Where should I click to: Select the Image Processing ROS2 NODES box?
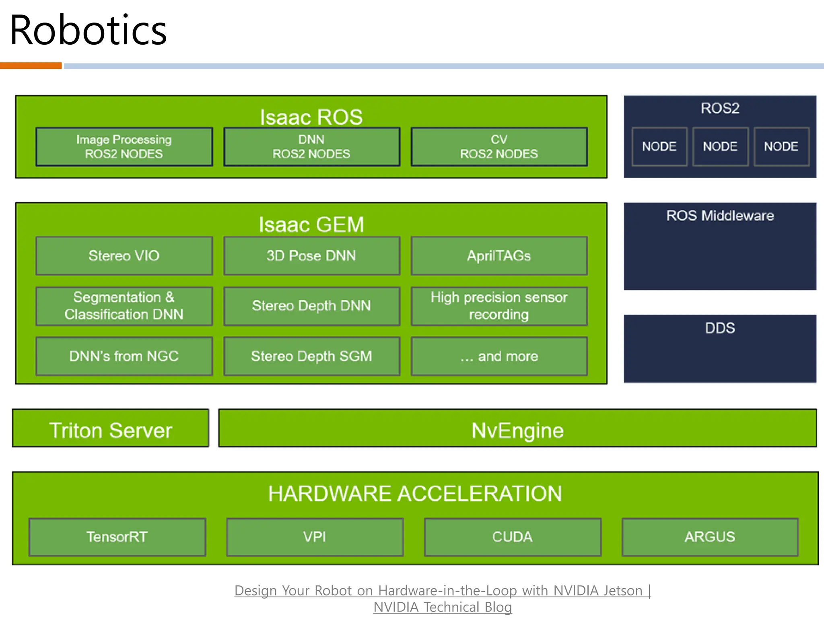coord(124,147)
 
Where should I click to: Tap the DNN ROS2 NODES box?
coord(311,147)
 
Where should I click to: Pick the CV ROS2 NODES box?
coord(499,147)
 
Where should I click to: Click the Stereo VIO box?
coord(124,256)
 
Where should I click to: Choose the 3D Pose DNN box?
coord(311,256)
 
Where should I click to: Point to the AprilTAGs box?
coord(499,256)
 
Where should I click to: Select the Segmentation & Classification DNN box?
coord(124,306)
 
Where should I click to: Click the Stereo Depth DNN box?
coord(311,306)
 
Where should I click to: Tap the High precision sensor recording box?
coord(499,306)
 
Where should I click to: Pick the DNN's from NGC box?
coord(124,356)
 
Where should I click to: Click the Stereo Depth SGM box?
coord(311,356)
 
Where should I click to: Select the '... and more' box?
coord(499,356)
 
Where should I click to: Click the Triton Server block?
coord(111,430)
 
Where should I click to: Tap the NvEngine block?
coord(517,430)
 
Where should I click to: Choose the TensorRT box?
coord(117,537)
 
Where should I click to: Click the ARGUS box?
coord(710,537)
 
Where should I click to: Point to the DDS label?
coord(720,328)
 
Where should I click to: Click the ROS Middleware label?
coord(720,216)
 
